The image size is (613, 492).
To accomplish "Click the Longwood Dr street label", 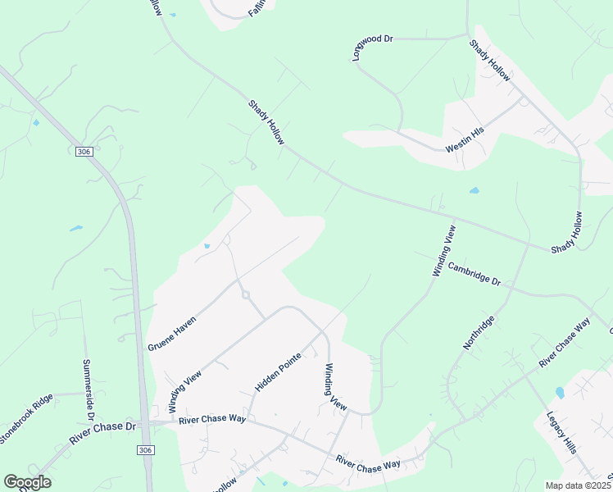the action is coord(374,49).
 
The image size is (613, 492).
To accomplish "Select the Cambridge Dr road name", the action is coord(474,274).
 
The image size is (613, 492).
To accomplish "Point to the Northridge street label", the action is coord(479,333).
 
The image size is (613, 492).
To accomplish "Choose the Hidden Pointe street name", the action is coord(278,371).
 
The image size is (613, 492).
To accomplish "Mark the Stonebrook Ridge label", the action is coord(26,418).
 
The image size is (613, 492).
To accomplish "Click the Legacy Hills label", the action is coord(561,433).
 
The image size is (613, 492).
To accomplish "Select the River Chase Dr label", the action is coord(102,433).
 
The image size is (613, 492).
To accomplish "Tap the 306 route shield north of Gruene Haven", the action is coord(83,152).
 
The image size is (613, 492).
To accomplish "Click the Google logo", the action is coord(27,482).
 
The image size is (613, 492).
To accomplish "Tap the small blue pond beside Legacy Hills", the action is coord(560,393).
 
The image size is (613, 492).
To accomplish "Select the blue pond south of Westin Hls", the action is coord(475,191).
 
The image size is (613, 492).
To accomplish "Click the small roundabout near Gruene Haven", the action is coord(244,295).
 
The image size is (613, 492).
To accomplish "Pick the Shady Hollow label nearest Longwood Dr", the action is coord(490,61).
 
